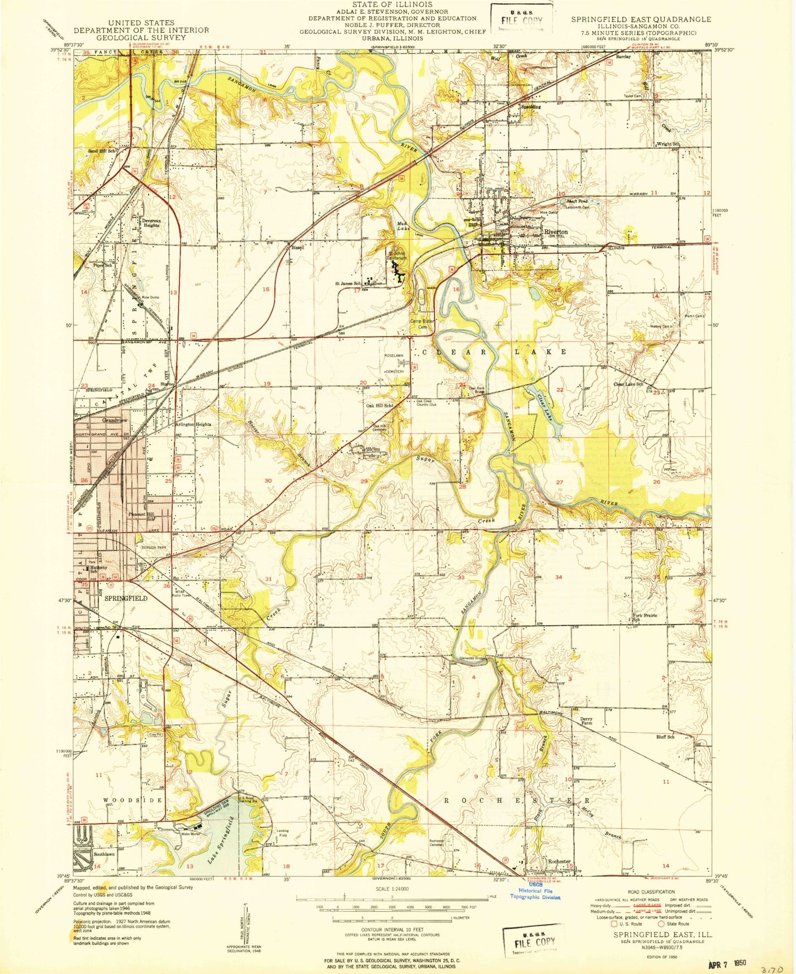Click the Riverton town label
tap(555, 232)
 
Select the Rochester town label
tap(559, 861)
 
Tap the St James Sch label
tap(348, 284)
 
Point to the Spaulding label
tap(531, 107)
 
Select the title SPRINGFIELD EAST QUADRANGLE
tap(641, 19)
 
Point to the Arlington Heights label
tap(193, 425)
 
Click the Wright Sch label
tap(668, 144)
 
